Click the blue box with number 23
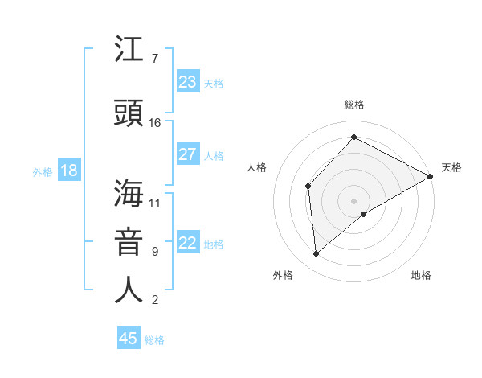(188, 82)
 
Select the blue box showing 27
(188, 154)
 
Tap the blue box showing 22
(188, 243)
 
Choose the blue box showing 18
(68, 171)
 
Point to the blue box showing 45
(129, 339)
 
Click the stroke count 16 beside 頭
(155, 123)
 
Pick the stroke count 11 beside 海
(155, 203)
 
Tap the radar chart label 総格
(353, 105)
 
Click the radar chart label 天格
(451, 167)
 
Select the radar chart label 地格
(421, 275)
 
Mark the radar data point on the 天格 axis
(431, 176)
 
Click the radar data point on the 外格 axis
(317, 254)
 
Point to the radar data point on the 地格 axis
(364, 214)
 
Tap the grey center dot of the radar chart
(353, 200)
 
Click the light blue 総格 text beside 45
(154, 340)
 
